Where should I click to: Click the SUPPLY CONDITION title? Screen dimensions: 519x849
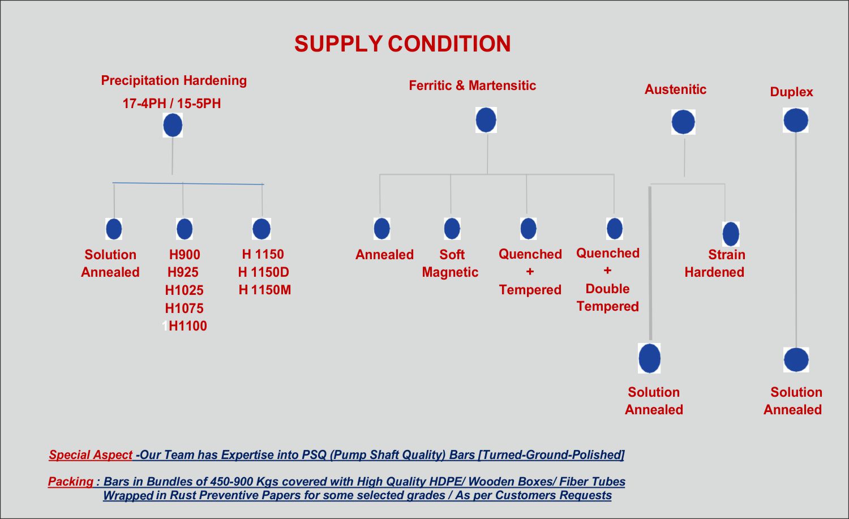click(402, 44)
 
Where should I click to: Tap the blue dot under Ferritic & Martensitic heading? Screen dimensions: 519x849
click(486, 120)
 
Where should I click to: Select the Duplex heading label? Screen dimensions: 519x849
click(791, 92)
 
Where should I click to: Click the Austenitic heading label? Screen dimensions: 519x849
click(675, 89)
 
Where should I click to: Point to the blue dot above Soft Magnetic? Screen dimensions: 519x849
click(452, 229)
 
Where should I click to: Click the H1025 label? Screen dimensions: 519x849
click(184, 290)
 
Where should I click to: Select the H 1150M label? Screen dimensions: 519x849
click(264, 290)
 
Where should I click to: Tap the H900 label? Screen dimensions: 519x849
click(185, 255)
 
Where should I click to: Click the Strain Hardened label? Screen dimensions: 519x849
click(715, 263)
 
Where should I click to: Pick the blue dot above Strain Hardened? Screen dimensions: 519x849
click(731, 234)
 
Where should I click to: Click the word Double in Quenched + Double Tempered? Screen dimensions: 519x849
click(607, 289)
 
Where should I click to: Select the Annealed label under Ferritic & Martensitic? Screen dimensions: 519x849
click(384, 255)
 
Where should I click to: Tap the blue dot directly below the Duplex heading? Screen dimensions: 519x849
click(796, 120)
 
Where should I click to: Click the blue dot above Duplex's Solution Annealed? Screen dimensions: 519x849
click(796, 359)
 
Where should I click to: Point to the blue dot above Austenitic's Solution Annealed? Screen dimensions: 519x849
click(649, 358)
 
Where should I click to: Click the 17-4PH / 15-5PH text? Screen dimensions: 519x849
click(171, 104)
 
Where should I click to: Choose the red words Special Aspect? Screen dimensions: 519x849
click(91, 455)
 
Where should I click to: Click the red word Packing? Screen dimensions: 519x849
click(71, 482)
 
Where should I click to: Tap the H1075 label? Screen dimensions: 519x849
click(184, 308)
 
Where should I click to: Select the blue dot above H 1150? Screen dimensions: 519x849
click(261, 229)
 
